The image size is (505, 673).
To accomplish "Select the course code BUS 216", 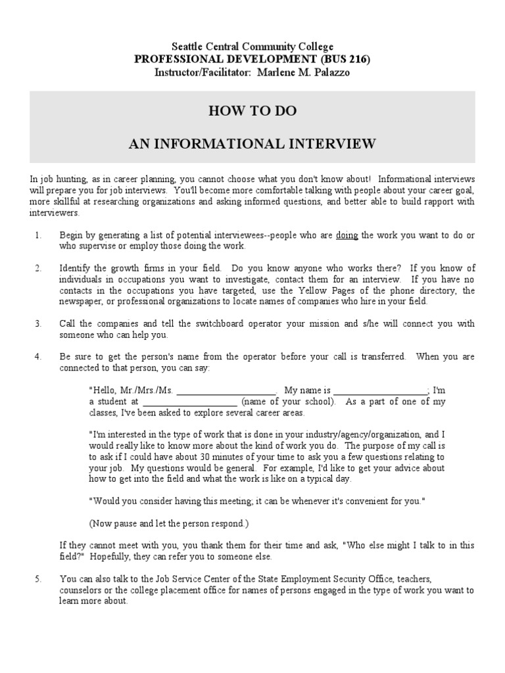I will click(x=343, y=59).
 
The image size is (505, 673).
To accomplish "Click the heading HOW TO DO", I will click(x=252, y=111).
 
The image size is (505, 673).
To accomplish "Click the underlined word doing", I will click(x=347, y=235).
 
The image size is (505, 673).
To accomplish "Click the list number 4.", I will click(x=37, y=357).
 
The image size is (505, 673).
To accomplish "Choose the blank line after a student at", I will click(x=189, y=402).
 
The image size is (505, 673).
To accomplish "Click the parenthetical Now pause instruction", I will click(x=169, y=524).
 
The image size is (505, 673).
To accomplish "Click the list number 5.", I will click(x=37, y=579).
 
